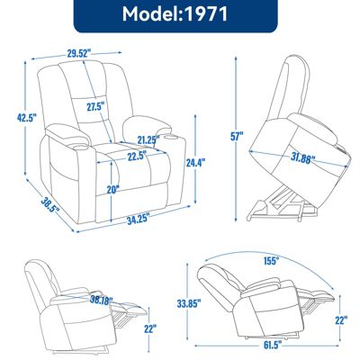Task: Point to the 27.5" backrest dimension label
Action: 96,106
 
